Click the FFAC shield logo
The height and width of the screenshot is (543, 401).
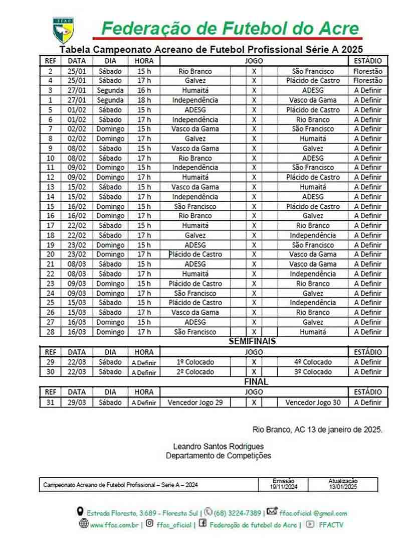pyautogui.click(x=64, y=30)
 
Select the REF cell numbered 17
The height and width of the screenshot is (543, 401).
pyautogui.click(x=50, y=226)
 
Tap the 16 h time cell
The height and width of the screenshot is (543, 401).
pyautogui.click(x=144, y=90)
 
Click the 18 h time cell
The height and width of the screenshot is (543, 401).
pyautogui.click(x=144, y=100)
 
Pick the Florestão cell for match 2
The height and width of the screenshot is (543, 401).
pyautogui.click(x=367, y=71)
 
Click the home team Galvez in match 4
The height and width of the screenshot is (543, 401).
pyautogui.click(x=195, y=81)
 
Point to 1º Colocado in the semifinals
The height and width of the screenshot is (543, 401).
pyautogui.click(x=195, y=362)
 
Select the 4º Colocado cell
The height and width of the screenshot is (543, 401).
pyautogui.click(x=313, y=362)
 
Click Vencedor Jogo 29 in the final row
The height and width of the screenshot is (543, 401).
pyautogui.click(x=195, y=402)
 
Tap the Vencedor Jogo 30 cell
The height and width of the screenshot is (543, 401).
pyautogui.click(x=313, y=402)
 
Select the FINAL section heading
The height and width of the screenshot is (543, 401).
pyautogui.click(x=256, y=382)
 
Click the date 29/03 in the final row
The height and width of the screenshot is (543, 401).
pyautogui.click(x=77, y=402)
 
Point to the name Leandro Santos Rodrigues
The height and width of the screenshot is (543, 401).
pyautogui.click(x=218, y=446)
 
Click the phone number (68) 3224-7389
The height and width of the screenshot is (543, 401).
pyautogui.click(x=237, y=513)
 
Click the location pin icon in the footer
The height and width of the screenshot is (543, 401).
pyautogui.click(x=80, y=512)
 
